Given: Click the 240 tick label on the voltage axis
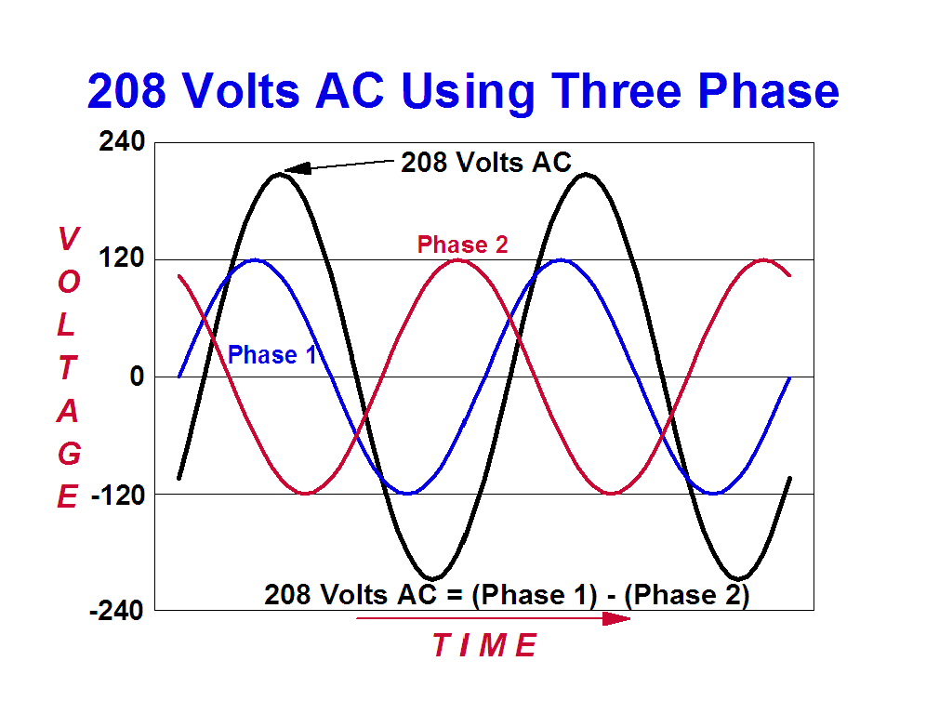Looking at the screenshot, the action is (122, 141).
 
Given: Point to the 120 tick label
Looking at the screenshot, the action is (122, 258).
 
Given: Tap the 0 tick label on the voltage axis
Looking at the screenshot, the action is (137, 377).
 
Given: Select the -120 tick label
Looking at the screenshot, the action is (118, 495).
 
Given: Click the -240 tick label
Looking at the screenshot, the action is (116, 611).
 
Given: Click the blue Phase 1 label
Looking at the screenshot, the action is (272, 354).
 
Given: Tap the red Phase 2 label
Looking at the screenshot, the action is (462, 245).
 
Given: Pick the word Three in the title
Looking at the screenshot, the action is (617, 91).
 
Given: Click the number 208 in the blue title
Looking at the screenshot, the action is (126, 91).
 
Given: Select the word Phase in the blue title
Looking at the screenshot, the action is (768, 91).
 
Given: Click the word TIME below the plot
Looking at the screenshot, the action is (485, 645).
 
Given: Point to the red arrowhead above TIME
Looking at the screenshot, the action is (616, 618).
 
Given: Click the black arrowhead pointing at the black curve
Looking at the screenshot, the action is (298, 168).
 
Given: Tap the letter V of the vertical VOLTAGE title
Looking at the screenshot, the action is (69, 239).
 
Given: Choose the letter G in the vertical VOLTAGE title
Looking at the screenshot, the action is (69, 454).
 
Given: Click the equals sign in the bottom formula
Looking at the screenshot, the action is (454, 595).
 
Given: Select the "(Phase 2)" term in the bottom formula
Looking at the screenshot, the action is (687, 595).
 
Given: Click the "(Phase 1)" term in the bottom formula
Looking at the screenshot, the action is (535, 595).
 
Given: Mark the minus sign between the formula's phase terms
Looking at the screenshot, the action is (611, 597).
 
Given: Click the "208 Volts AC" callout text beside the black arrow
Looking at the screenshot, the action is (486, 163).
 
